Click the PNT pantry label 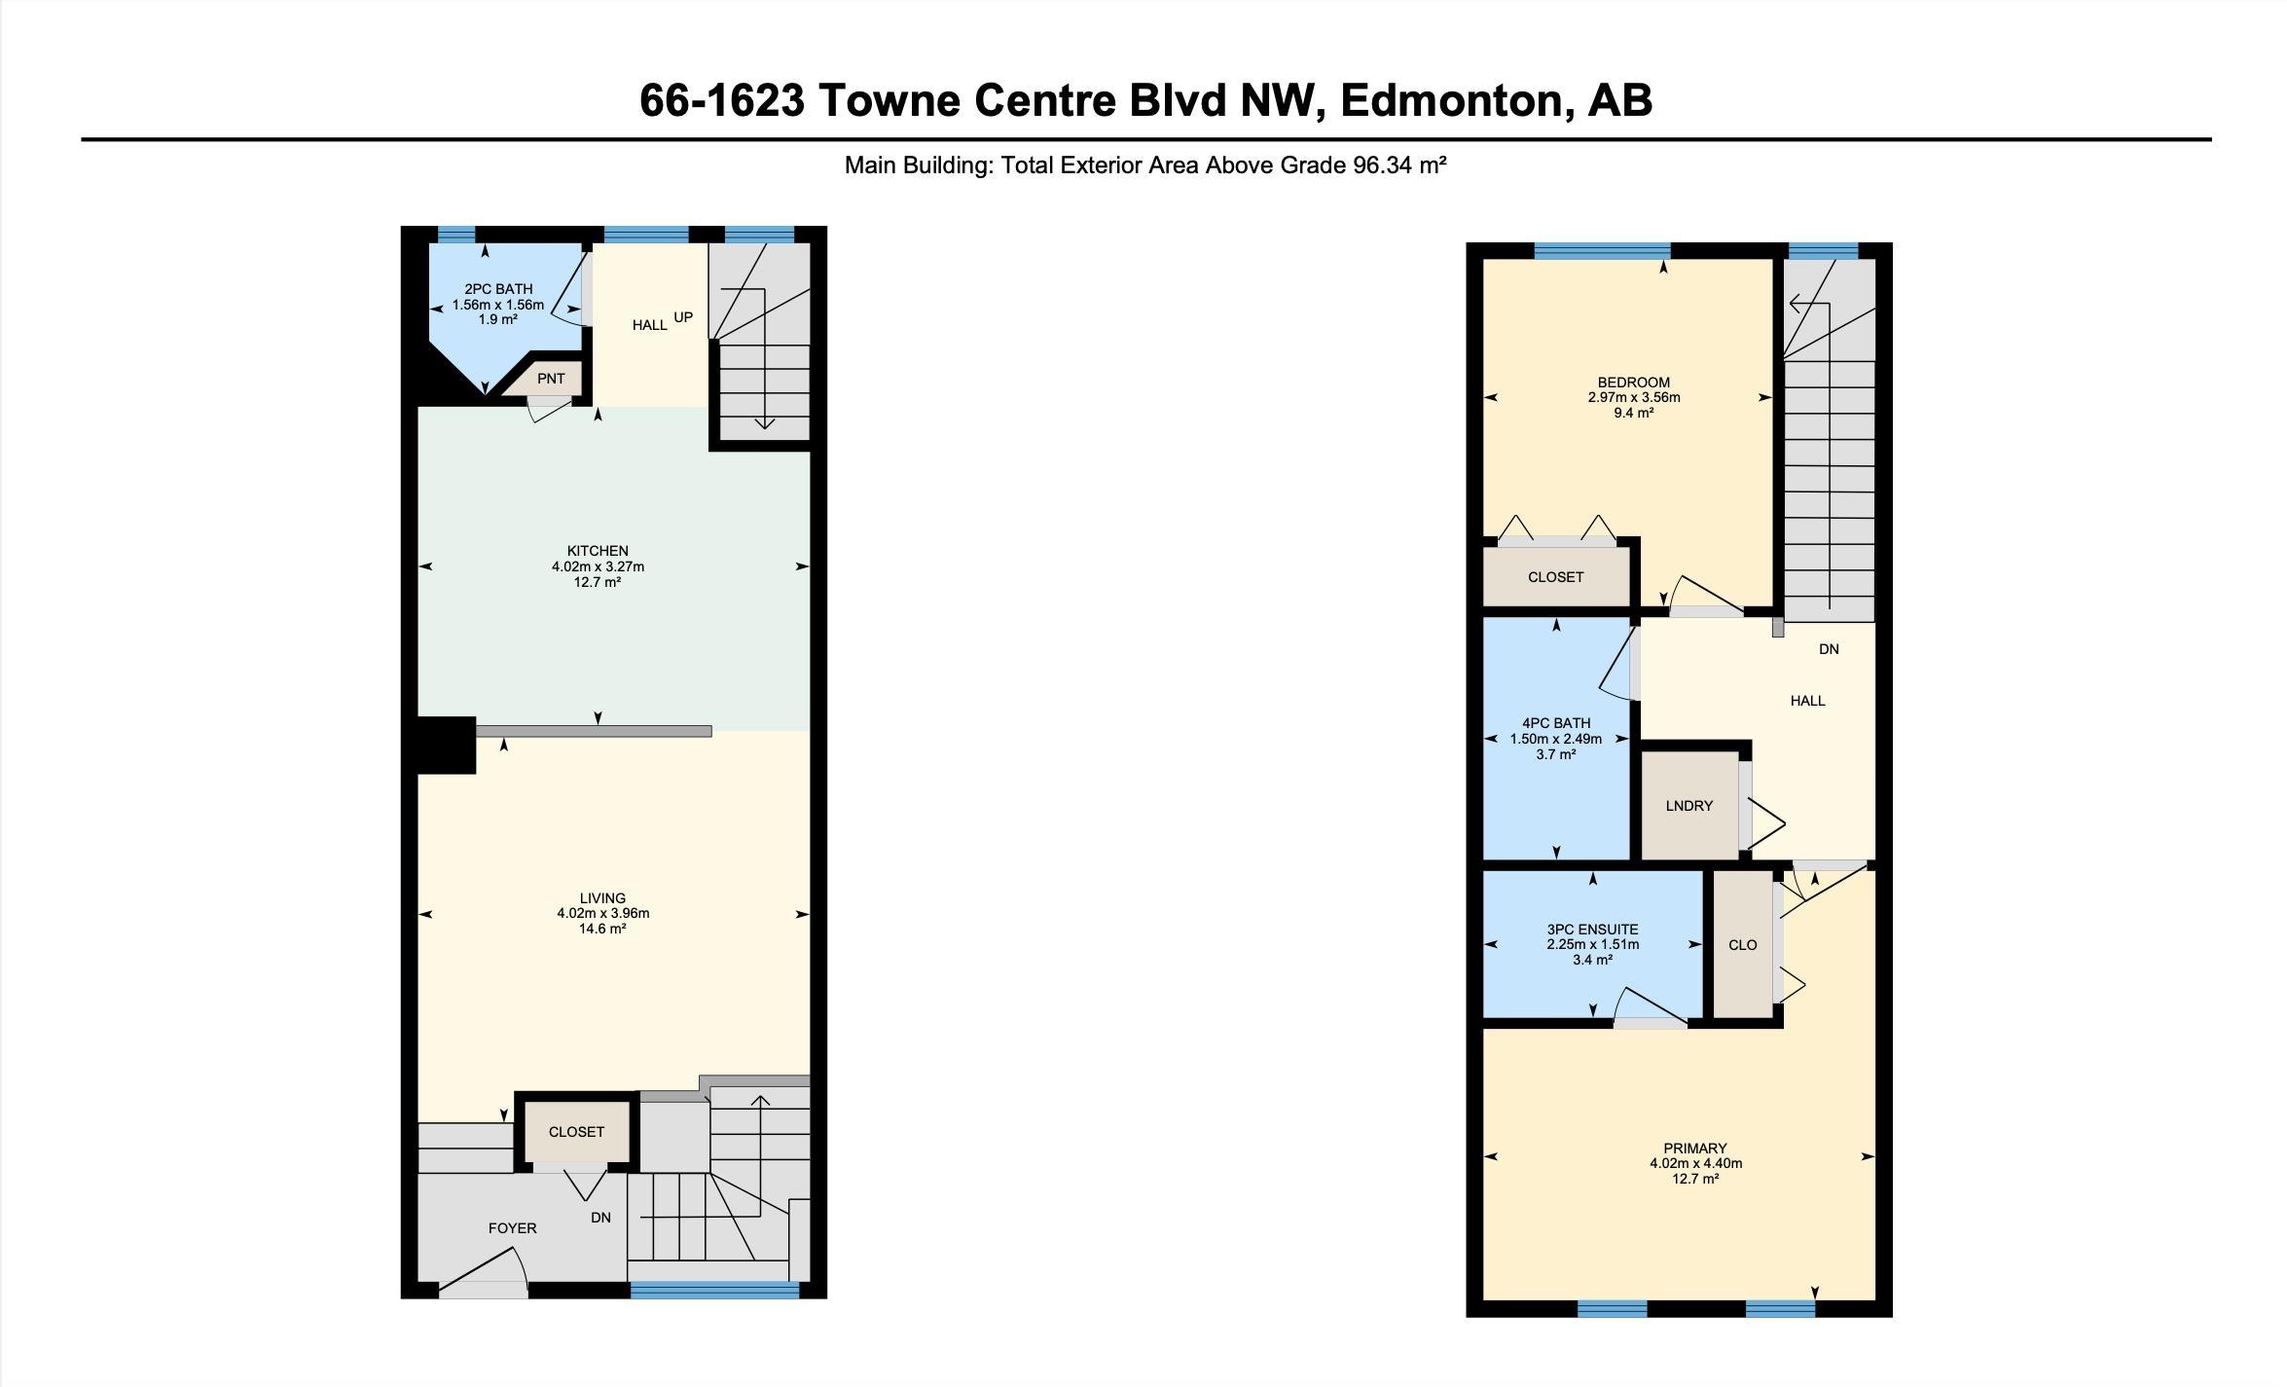[x=551, y=379]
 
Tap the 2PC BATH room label [x=498, y=289]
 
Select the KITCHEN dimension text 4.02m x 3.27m [x=598, y=566]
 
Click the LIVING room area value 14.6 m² [x=602, y=929]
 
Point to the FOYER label [x=512, y=1228]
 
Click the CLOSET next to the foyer [x=576, y=1132]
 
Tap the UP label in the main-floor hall [x=683, y=317]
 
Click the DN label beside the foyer [x=600, y=1218]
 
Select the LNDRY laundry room [x=1689, y=806]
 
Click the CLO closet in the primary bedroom [x=1742, y=945]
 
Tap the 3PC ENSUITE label [x=1592, y=930]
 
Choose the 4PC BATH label [x=1556, y=723]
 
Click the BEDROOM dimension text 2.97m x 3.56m [x=1634, y=397]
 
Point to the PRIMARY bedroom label [x=1695, y=1149]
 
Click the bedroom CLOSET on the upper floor [x=1556, y=577]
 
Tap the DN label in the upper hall [x=1829, y=649]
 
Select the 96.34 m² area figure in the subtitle [x=1399, y=165]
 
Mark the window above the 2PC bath [x=456, y=234]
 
